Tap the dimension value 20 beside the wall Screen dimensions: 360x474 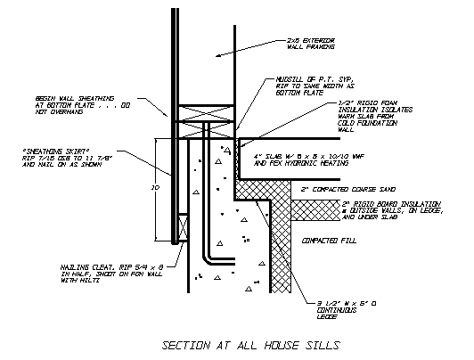point(153,189)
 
